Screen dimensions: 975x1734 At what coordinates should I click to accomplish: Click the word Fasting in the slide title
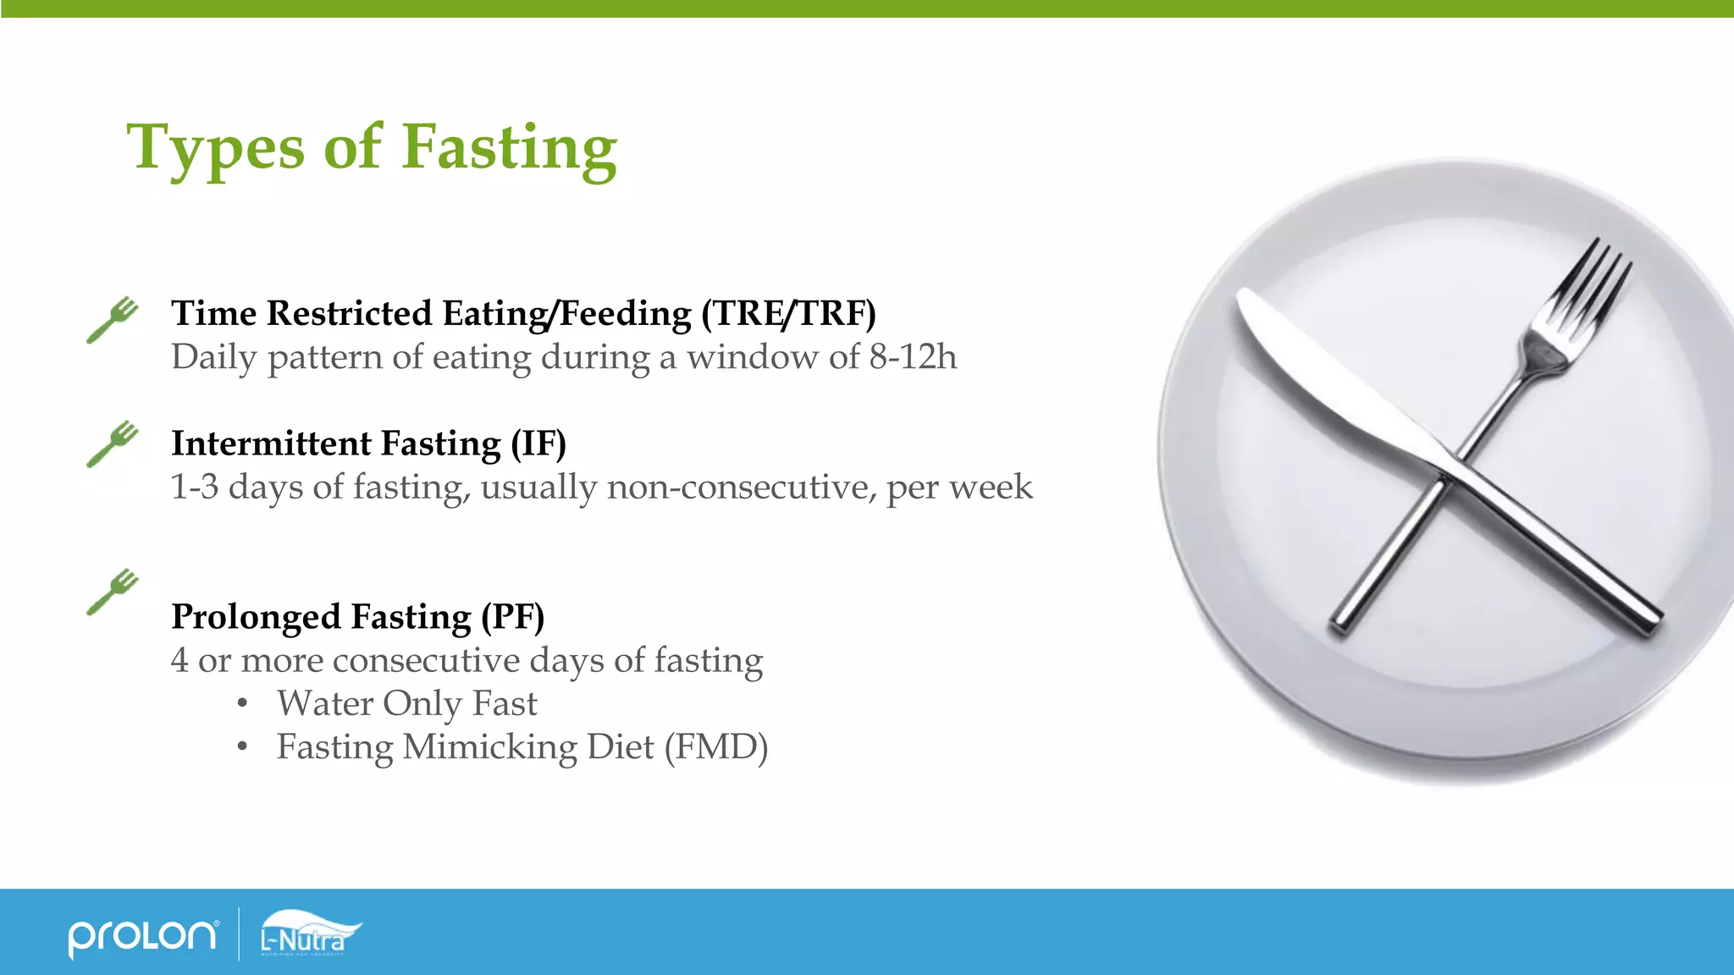click(x=509, y=148)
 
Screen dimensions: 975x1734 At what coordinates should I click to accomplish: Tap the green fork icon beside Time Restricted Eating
click(x=113, y=319)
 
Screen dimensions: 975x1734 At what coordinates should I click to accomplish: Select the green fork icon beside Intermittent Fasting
click(x=113, y=443)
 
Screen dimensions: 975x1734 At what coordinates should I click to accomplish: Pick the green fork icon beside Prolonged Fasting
click(x=113, y=592)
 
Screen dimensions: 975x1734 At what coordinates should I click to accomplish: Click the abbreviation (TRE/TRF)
click(x=788, y=313)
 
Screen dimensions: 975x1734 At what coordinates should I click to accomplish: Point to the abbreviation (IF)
click(x=538, y=443)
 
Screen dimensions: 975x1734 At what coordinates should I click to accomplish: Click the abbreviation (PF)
click(x=512, y=617)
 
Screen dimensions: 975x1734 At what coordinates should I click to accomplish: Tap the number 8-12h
click(x=913, y=357)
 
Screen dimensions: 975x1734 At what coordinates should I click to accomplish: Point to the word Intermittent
click(x=271, y=443)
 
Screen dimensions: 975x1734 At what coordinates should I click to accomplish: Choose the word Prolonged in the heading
click(x=257, y=617)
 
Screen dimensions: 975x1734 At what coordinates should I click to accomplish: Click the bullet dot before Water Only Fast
click(x=243, y=703)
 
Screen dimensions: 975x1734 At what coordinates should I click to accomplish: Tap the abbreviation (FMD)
click(x=715, y=747)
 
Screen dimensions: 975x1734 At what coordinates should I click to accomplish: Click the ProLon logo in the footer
click(x=142, y=936)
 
